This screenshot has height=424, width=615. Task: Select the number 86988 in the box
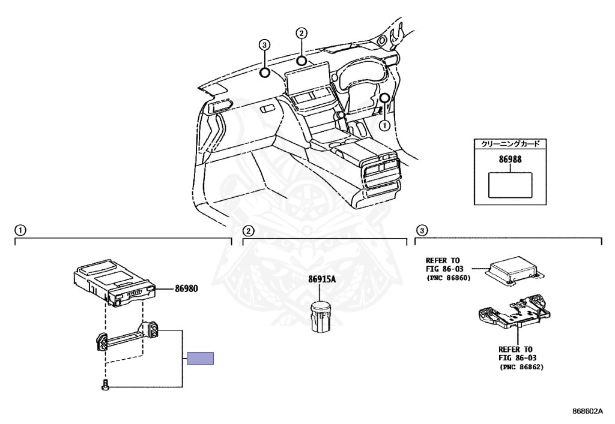coord(510,161)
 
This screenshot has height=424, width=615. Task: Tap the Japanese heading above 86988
coord(510,144)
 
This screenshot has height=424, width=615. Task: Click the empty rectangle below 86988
coord(510,185)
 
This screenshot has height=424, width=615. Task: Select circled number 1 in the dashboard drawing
coord(384,125)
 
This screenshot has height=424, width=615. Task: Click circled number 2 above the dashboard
coord(301,33)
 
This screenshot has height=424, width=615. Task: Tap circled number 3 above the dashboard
coord(264,44)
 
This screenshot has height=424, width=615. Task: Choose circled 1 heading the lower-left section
coord(20,230)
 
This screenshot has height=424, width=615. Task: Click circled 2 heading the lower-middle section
coord(247,230)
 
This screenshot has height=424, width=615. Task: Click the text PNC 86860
coord(449,278)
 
